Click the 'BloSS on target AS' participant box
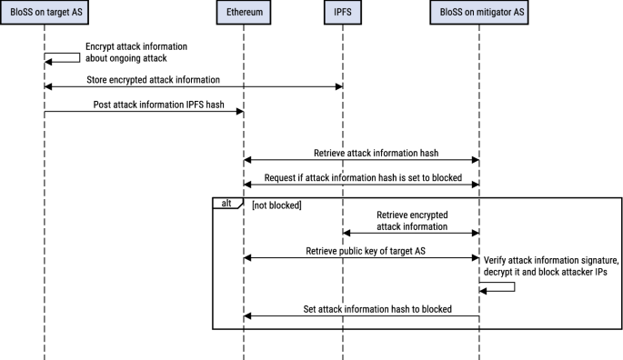[x=44, y=14]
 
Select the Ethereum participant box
[x=244, y=14]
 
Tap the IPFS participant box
[x=343, y=14]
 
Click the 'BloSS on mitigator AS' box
[x=479, y=14]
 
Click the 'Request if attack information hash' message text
[x=363, y=178]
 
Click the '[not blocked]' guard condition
[x=276, y=206]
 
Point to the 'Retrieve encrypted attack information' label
[x=412, y=221]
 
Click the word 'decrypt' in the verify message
[x=501, y=271]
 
